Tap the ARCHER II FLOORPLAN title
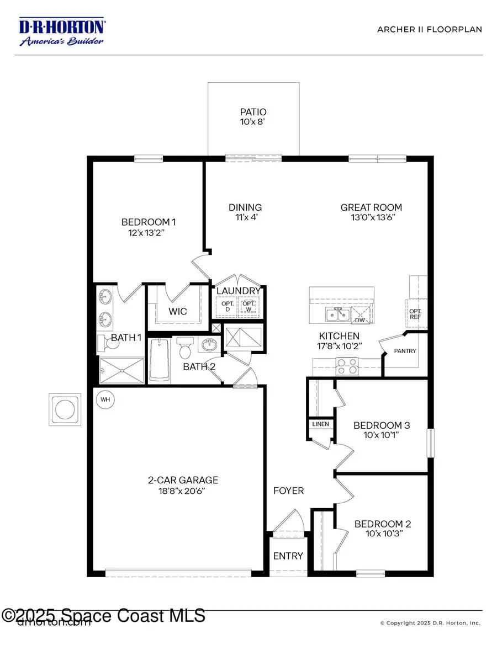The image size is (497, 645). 429,29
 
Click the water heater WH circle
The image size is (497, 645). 104,398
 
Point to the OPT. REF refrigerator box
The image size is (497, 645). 416,314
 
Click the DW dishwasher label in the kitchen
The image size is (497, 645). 359,320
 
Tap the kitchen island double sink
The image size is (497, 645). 336,315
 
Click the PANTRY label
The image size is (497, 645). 405,351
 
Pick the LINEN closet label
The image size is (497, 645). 320,424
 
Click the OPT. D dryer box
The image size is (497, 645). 225,307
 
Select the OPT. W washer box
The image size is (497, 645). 248,307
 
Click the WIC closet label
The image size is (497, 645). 177,311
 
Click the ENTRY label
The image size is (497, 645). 288,556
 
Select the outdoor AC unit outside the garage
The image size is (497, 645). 64,409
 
